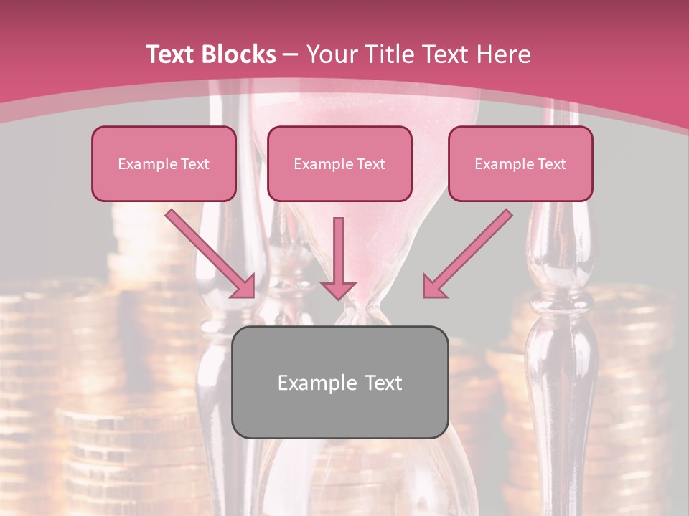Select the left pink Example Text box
pos(164,164)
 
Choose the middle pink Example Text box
pos(339,164)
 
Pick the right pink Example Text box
pos(520,164)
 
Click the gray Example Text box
pos(339,383)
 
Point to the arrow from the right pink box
pos(470,251)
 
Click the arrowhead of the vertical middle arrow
pos(338,290)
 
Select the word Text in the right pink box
pos(551,164)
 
